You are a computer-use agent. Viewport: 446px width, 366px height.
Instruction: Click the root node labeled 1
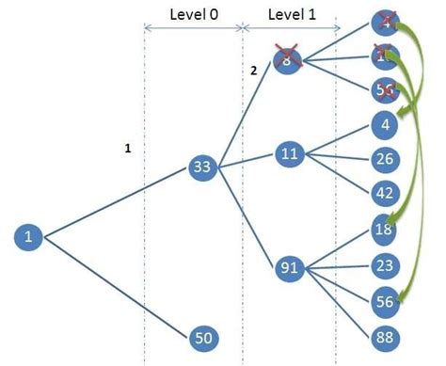coord(28,236)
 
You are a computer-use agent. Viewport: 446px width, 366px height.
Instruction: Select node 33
coord(203,168)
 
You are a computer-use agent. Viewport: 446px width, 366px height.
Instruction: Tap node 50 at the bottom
coord(204,337)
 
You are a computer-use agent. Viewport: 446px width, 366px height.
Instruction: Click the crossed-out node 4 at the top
coord(383,21)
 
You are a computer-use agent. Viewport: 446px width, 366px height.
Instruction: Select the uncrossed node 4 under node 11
coord(383,123)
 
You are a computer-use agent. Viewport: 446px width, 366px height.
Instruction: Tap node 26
coord(383,159)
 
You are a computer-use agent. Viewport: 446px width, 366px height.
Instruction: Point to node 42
coord(383,194)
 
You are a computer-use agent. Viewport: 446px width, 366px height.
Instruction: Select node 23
coord(383,265)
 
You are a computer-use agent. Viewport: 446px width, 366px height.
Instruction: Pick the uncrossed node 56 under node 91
coord(383,301)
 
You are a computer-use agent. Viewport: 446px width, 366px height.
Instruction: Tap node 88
coord(383,337)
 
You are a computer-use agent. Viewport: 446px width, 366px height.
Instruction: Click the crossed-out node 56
coord(383,89)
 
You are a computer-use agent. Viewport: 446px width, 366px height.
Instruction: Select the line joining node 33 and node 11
coord(247,161)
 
